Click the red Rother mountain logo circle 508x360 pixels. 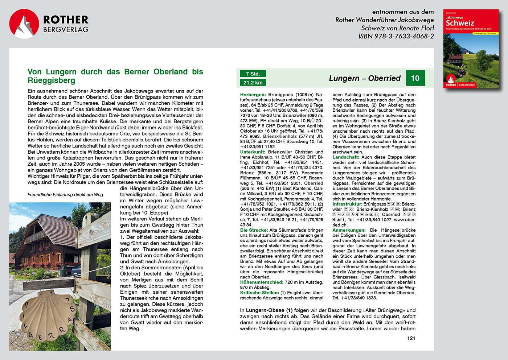(24, 24)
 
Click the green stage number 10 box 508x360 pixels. (415, 78)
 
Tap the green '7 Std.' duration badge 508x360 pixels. (253, 74)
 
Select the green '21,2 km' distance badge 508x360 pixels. (253, 83)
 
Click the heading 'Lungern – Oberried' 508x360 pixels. (364, 78)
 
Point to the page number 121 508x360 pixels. (411, 338)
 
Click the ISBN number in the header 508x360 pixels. (396, 36)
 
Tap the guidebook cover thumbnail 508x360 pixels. (471, 49)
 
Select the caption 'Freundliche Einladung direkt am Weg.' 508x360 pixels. (66, 195)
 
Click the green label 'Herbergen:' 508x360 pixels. (253, 95)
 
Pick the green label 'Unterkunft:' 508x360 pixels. (253, 152)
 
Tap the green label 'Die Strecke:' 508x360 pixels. (254, 230)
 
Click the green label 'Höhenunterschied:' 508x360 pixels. (262, 282)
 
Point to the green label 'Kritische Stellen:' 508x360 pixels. (259, 293)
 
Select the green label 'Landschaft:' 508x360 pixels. (346, 157)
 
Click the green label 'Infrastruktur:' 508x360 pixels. (347, 204)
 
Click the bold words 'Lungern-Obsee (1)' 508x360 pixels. (269, 310)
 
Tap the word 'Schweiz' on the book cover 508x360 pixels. (460, 23)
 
